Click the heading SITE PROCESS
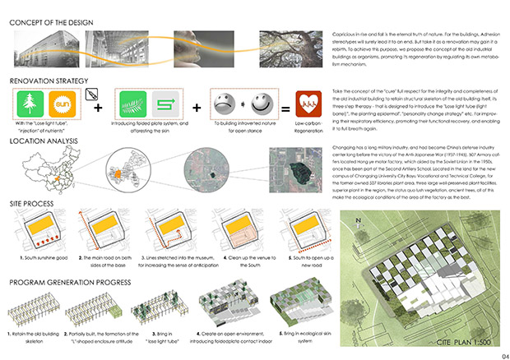pos(32,201)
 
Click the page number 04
pos(494,346)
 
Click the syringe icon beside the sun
pos(90,94)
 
